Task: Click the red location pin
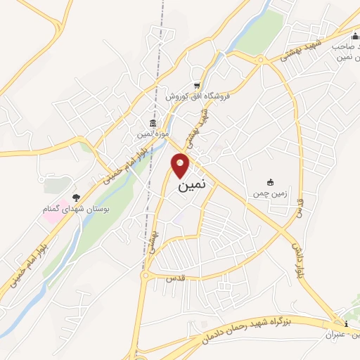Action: (181, 165)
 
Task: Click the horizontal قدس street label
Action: (174, 278)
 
